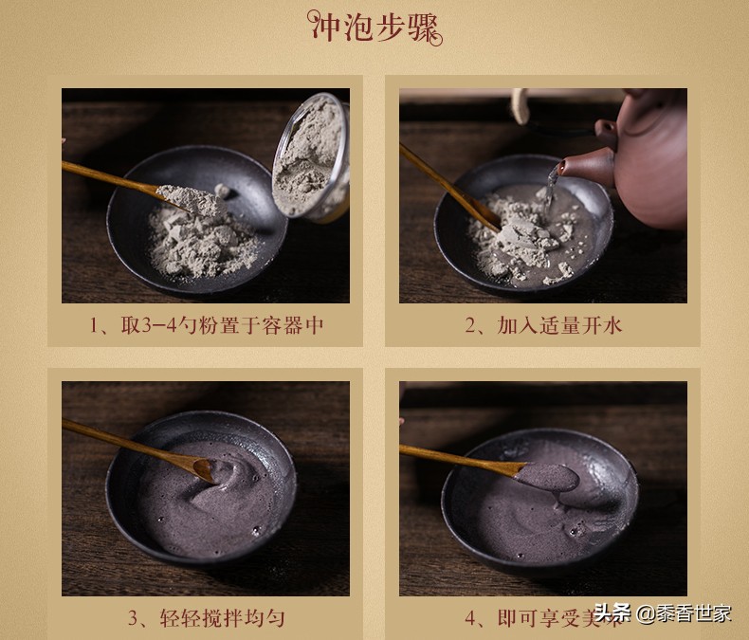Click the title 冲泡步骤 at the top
(375, 29)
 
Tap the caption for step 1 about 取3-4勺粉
(206, 325)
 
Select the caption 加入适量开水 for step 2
(543, 325)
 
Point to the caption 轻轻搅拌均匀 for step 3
(206, 618)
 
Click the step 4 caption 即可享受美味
(543, 618)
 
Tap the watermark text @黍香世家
(683, 613)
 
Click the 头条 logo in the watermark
(612, 613)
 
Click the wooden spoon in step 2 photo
(446, 185)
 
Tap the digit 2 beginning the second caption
(472, 325)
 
